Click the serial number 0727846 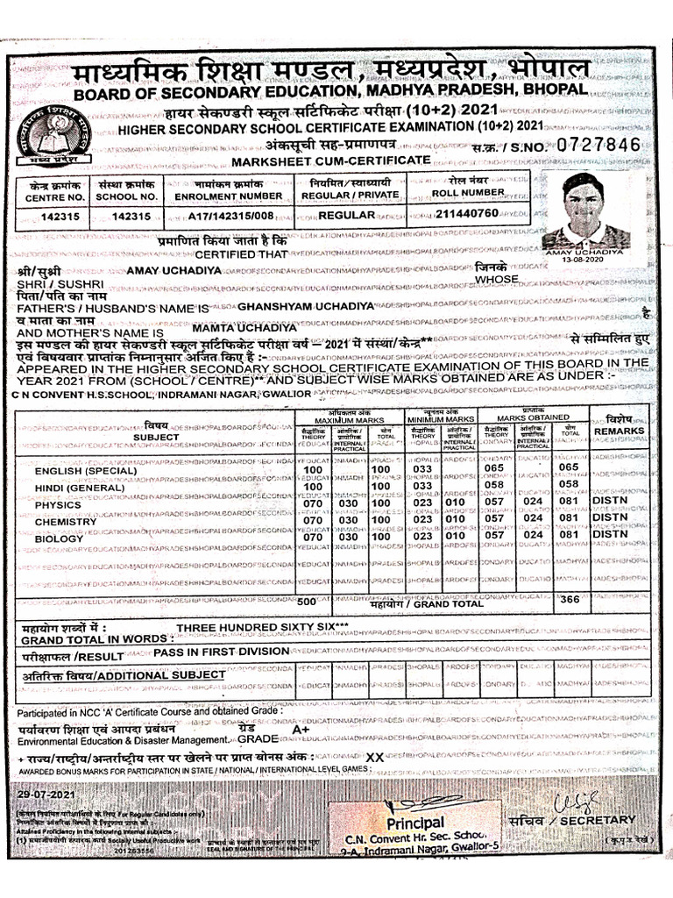[x=604, y=145]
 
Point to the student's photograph [x=584, y=210]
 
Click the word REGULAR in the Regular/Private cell [x=345, y=214]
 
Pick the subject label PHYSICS [x=58, y=504]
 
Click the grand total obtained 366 [x=570, y=600]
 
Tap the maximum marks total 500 [x=307, y=602]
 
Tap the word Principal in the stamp [x=415, y=823]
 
